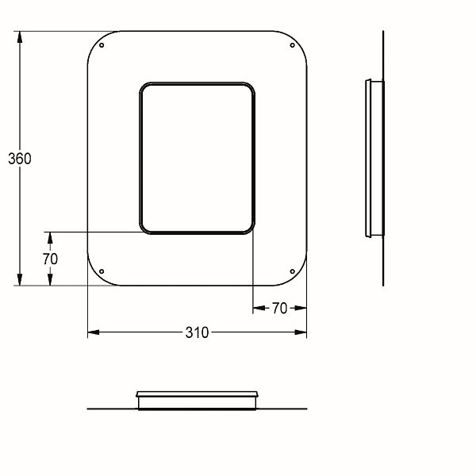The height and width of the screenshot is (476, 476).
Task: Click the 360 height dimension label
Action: point(20,159)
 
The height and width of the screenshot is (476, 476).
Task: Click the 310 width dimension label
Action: point(197,332)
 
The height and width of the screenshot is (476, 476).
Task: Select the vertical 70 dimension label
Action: point(50,259)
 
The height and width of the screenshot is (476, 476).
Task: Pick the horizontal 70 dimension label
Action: point(279,308)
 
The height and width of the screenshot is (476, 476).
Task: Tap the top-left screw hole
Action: point(102,45)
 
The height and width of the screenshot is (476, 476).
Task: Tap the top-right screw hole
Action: point(292,45)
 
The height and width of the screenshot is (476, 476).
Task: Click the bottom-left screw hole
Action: point(102,271)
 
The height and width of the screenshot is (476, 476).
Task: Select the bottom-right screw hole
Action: point(292,271)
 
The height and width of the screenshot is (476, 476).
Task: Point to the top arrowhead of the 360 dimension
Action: point(20,37)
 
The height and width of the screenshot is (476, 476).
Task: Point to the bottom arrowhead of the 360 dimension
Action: point(20,279)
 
